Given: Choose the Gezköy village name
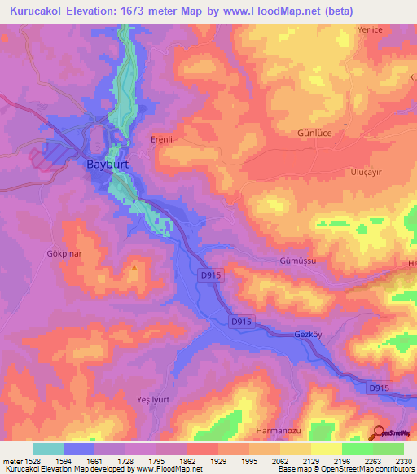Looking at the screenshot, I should click(309, 335).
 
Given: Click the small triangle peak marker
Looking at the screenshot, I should click(134, 266).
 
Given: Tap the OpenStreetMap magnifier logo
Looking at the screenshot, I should click(378, 432).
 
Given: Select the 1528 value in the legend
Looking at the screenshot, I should click(33, 461).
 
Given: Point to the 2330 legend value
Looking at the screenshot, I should click(403, 461).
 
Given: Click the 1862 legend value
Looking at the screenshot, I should click(187, 461).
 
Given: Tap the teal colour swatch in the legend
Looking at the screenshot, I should click(48, 449).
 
